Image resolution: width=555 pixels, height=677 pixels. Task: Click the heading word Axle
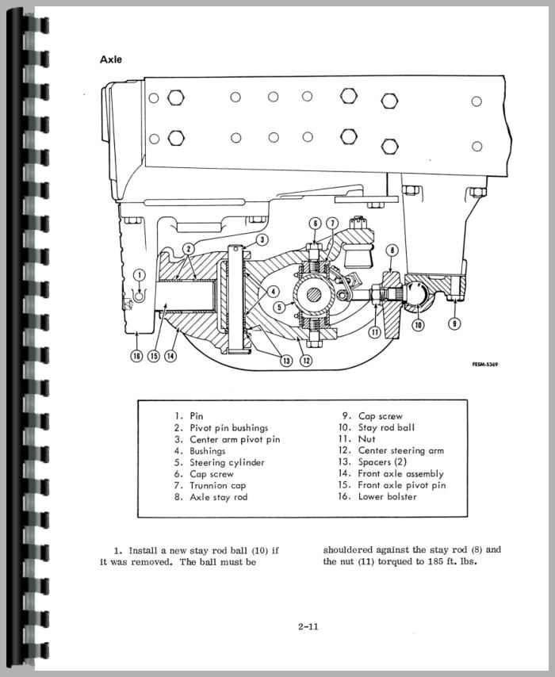pyautogui.click(x=111, y=59)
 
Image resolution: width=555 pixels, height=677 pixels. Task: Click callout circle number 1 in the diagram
pyautogui.click(x=140, y=275)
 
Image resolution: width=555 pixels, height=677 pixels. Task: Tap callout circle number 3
pyautogui.click(x=262, y=239)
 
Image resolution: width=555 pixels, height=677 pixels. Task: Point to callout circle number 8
pyautogui.click(x=392, y=250)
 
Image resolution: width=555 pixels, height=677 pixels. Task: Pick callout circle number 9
pyautogui.click(x=454, y=323)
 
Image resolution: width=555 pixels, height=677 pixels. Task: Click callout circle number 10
pyautogui.click(x=418, y=323)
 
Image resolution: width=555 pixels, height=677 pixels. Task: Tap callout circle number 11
pyautogui.click(x=375, y=332)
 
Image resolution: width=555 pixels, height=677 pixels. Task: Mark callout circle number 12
pyautogui.click(x=305, y=359)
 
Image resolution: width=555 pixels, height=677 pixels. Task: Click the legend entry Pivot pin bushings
pyautogui.click(x=229, y=428)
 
